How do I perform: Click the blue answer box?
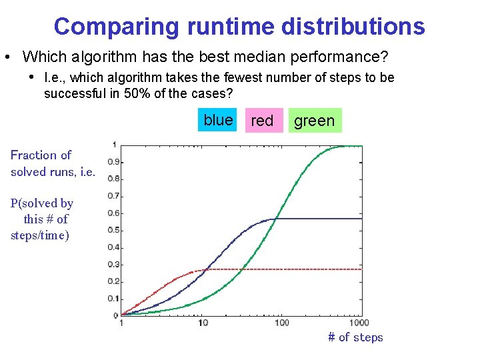coord(217,120)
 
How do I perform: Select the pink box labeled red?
coord(263,121)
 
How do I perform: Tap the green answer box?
coord(315,121)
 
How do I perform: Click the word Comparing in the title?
coord(117,27)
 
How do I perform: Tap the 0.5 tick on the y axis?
coord(115,230)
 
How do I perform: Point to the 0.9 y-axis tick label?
coord(115,161)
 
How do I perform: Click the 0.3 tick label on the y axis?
coord(115,265)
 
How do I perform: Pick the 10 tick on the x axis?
coord(203,323)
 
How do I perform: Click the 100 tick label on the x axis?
coord(282,323)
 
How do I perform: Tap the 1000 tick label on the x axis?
coord(359,323)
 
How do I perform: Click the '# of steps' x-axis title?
coord(355,337)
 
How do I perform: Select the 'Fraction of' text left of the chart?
coord(41,155)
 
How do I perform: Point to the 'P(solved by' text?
coord(42,203)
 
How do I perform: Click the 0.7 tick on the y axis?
coord(115,196)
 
